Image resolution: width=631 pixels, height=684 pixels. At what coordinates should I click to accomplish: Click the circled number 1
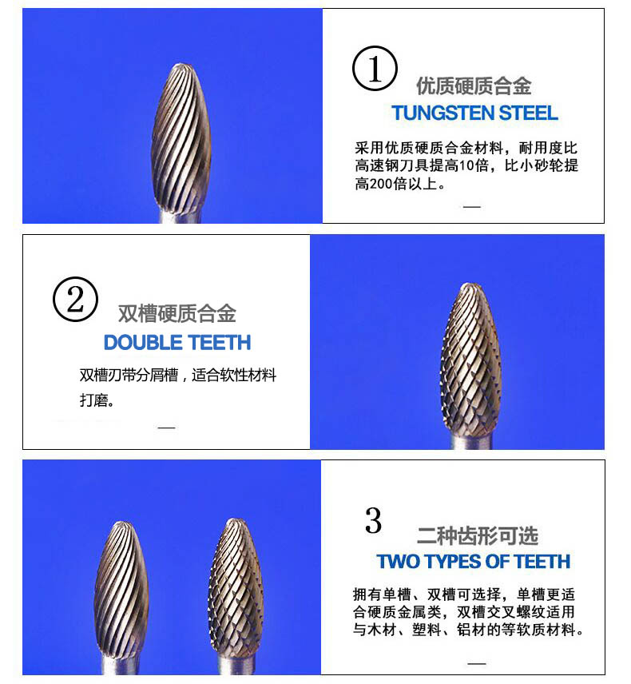tap(375, 70)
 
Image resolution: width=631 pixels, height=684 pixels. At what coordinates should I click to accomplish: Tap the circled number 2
tap(75, 300)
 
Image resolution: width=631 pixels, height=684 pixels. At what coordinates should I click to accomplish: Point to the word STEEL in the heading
tap(528, 113)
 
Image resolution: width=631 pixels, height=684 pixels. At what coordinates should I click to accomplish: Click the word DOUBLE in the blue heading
tap(143, 343)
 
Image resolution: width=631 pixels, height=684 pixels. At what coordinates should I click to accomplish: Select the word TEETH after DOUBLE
tap(220, 343)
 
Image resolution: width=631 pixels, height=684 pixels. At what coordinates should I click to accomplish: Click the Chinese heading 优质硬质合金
tap(474, 86)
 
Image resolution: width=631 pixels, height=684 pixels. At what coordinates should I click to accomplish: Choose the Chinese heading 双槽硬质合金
tap(177, 313)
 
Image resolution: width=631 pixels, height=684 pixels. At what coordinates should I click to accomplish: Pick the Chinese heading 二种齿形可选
tap(477, 535)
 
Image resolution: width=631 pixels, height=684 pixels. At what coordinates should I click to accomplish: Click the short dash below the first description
tap(472, 206)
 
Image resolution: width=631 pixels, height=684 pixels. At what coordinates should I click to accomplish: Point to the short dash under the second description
tap(166, 427)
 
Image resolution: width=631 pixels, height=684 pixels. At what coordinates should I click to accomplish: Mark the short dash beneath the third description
tap(476, 664)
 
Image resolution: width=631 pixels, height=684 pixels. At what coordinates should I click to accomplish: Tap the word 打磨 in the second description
tap(97, 400)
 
